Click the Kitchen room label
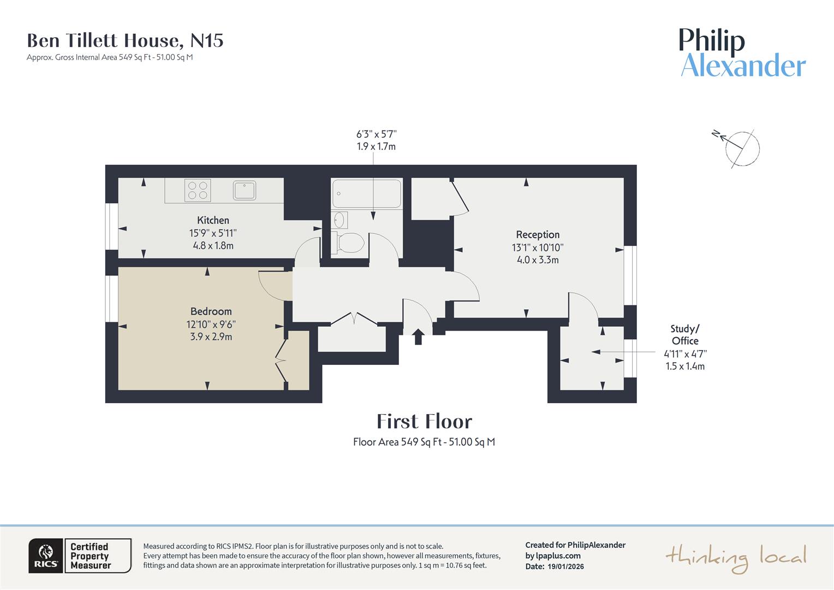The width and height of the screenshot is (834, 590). (213, 220)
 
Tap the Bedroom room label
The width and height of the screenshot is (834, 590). (211, 311)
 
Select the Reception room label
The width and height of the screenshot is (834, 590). (538, 234)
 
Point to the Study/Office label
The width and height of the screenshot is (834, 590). (685, 334)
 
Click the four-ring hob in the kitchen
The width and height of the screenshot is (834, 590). (198, 191)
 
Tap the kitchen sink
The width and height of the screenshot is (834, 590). (245, 190)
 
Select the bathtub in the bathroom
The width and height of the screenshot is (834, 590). (366, 193)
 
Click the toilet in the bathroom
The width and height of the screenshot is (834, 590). (349, 243)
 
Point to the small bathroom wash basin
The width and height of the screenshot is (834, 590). (339, 220)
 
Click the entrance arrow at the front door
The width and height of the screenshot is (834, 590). (418, 336)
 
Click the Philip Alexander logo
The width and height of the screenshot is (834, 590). (742, 53)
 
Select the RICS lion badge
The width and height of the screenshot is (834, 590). (46, 556)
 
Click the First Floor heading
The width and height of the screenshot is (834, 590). (424, 421)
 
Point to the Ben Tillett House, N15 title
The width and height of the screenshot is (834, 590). (125, 40)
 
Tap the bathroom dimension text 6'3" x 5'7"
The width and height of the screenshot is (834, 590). (376, 134)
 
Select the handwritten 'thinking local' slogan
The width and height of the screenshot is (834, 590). (735, 558)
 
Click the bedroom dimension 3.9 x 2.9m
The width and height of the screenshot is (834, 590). (211, 337)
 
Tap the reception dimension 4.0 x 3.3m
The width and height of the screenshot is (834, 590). (538, 259)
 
